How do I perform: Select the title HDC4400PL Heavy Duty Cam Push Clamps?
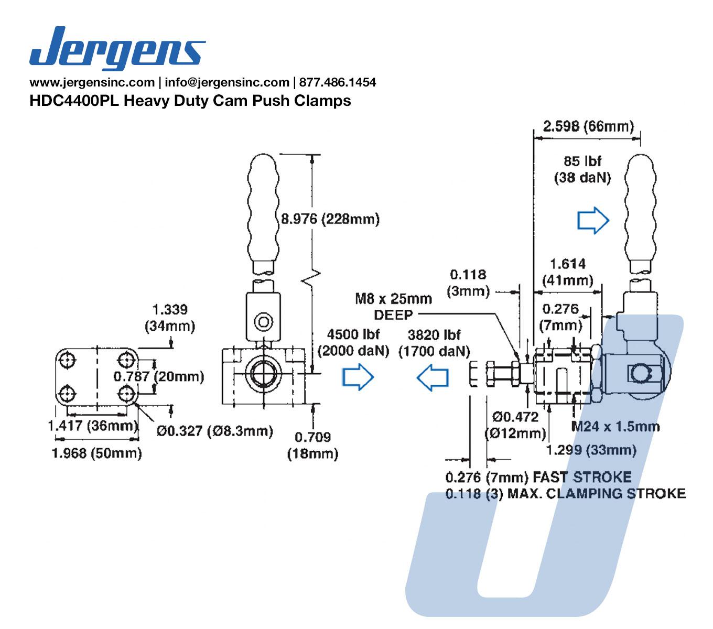click(190, 100)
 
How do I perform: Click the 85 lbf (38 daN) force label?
click(582, 169)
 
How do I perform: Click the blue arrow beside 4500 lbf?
click(358, 377)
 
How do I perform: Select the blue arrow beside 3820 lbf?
click(433, 377)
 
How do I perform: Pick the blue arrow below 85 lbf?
click(593, 221)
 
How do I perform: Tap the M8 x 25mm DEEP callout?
click(393, 306)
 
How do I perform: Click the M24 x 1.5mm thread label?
click(615, 426)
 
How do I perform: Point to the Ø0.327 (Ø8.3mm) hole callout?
click(215, 431)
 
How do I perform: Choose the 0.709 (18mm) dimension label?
click(312, 445)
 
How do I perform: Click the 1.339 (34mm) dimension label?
click(170, 318)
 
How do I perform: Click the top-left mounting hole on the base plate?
click(68, 360)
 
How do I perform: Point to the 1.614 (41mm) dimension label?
click(568, 272)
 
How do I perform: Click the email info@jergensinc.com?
click(227, 82)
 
